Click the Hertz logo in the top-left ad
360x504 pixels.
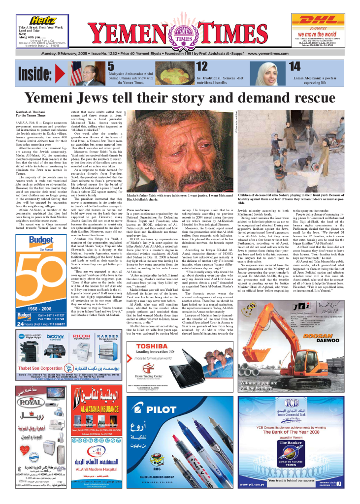coord(41,20)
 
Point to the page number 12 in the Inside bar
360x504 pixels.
coord(202,66)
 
